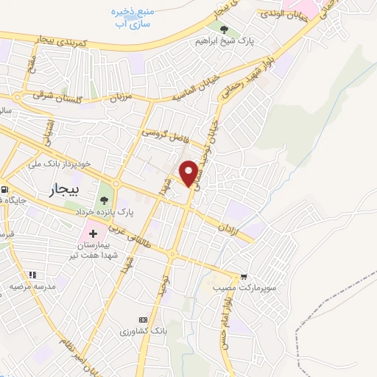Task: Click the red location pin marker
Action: (x=189, y=172)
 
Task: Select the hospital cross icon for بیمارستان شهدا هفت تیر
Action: (x=94, y=233)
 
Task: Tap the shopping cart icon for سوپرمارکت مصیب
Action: (x=244, y=257)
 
